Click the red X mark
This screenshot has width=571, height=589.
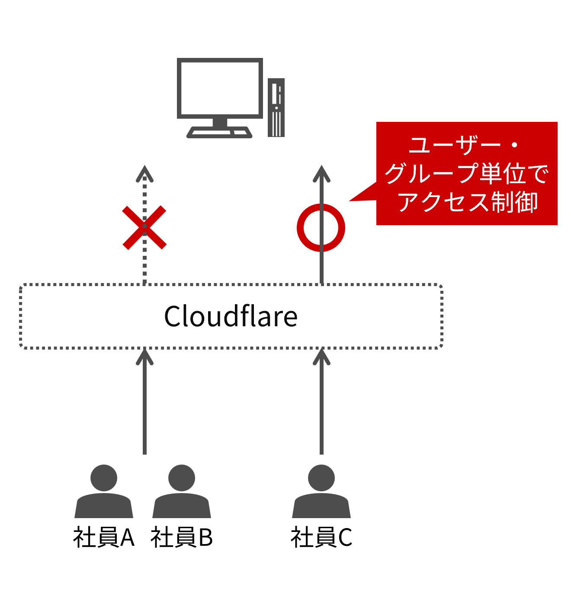coord(144,228)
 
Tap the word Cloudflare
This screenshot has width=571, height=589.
coord(231,316)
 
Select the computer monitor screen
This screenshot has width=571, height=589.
coord(220,88)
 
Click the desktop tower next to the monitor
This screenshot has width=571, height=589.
coord(276,108)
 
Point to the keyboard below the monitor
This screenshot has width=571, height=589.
coord(219,133)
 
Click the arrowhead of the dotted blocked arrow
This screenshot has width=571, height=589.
coord(144,172)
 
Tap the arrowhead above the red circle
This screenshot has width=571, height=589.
coord(321,173)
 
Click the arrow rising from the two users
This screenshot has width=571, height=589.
coord(144,402)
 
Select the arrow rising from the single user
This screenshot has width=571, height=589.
coord(321,402)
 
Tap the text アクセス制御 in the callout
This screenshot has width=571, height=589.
coord(467,202)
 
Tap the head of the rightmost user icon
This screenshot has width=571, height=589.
coord(321,478)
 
